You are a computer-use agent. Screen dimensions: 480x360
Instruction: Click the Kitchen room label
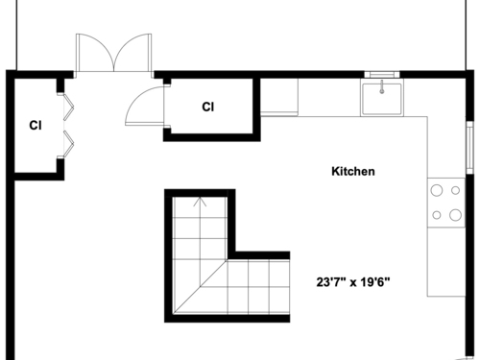pos(353,172)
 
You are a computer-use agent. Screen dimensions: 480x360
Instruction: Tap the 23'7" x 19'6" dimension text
pos(353,282)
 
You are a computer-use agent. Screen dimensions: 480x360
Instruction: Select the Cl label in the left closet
pos(36,126)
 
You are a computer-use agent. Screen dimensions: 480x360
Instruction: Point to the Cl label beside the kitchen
pos(208,107)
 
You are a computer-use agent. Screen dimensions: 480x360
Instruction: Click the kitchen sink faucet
pos(382,86)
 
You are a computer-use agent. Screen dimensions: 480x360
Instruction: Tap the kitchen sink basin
pos(382,98)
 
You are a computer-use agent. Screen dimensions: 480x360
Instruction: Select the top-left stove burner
pos(437,190)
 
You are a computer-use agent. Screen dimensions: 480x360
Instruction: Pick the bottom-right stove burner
pos(455,215)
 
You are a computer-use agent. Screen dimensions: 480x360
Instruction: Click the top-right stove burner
pos(455,190)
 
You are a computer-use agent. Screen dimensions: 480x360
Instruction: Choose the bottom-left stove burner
pos(437,215)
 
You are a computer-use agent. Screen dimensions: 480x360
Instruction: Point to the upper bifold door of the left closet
pos(68,107)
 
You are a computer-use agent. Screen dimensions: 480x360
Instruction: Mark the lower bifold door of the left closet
pos(68,144)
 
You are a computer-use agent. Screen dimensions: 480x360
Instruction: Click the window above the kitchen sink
pos(382,75)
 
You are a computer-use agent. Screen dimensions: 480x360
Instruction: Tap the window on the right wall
pos(469,148)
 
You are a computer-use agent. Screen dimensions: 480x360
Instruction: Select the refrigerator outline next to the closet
pos(279,97)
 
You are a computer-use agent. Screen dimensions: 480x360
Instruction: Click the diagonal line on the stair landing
pos(200,286)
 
